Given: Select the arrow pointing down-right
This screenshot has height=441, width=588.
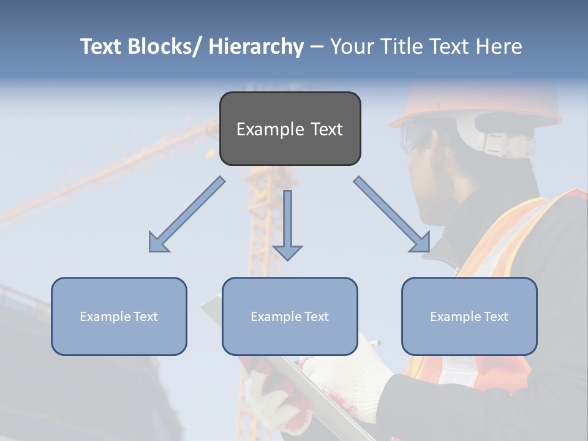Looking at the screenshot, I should click(392, 214).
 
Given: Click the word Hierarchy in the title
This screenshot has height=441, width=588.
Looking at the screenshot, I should click(255, 47).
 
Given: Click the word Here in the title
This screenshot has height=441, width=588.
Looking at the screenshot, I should click(499, 47).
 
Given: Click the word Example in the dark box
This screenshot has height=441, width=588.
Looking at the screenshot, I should click(270, 130).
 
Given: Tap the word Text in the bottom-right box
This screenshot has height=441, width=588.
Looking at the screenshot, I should click(494, 317).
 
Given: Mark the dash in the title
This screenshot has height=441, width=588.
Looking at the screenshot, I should click(317, 47).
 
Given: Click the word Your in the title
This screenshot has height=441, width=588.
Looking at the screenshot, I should click(350, 47).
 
